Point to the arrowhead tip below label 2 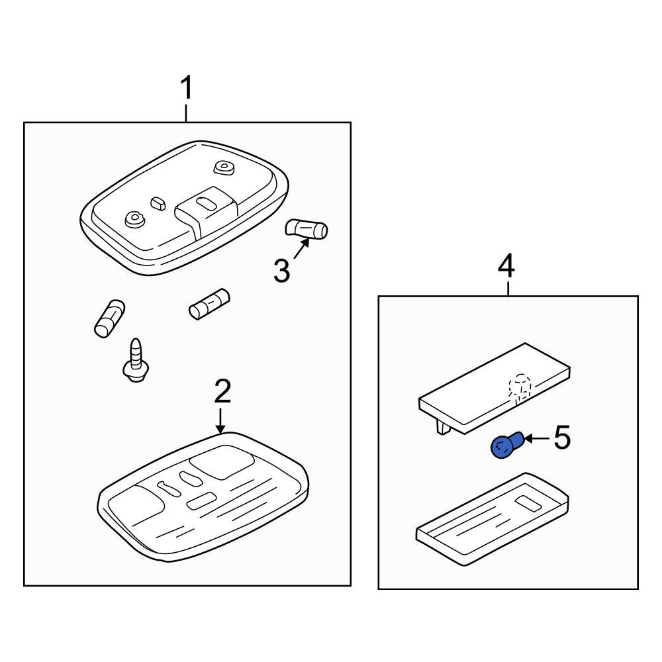click(x=220, y=433)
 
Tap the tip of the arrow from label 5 click(x=524, y=439)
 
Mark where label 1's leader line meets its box click(x=186, y=122)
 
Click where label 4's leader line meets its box click(x=508, y=296)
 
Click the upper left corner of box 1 click(x=24, y=122)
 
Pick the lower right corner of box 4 click(x=638, y=589)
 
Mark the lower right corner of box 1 click(x=351, y=586)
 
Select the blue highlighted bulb click(x=507, y=445)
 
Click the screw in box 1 click(x=135, y=360)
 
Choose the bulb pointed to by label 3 click(x=307, y=229)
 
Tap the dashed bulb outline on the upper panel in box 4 click(x=520, y=387)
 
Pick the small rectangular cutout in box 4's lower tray click(x=528, y=502)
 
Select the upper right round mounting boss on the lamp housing click(x=224, y=167)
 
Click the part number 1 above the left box click(x=186, y=88)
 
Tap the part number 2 click(x=222, y=391)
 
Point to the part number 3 click(x=281, y=271)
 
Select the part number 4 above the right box click(x=506, y=265)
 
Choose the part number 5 click(x=562, y=438)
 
